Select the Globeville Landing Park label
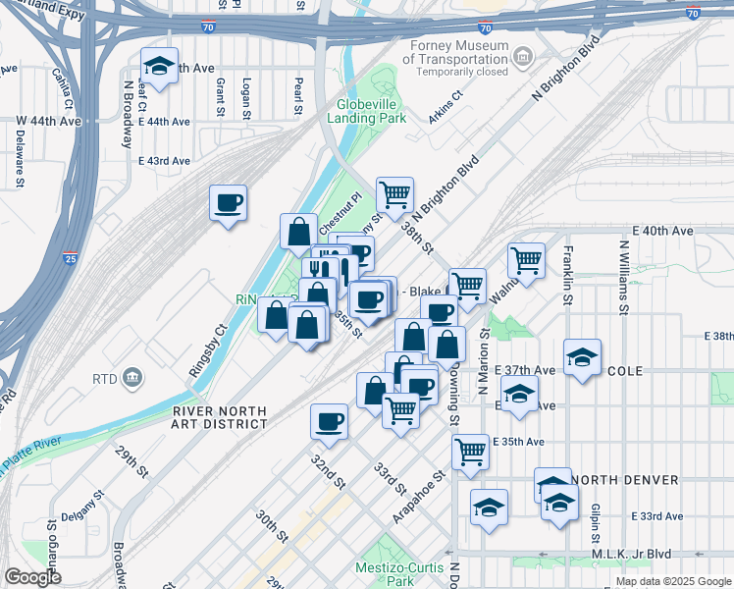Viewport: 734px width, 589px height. coord(371,111)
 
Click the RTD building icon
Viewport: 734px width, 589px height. coord(133,378)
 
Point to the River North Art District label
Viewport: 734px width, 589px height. coord(219,417)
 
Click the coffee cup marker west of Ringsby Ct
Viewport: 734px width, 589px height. coord(229,203)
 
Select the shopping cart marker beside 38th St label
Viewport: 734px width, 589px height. coord(394,193)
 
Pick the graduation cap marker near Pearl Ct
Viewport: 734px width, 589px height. coord(159,67)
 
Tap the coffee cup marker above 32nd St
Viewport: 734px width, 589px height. coord(329,421)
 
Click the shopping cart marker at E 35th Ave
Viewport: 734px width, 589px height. coord(470,451)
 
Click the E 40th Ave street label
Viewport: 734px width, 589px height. coord(663,231)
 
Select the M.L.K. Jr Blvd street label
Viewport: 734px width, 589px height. coord(638,555)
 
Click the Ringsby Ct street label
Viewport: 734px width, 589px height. coord(208,347)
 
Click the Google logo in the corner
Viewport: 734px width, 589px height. coord(32,577)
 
